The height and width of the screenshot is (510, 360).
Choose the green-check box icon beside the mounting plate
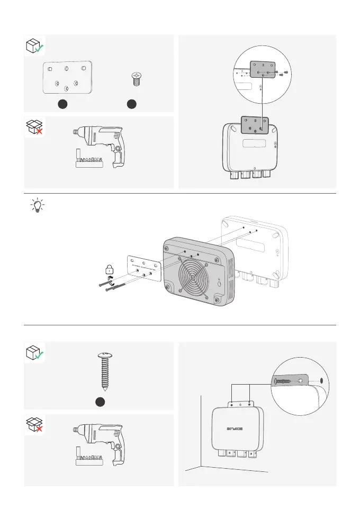pos(35,47)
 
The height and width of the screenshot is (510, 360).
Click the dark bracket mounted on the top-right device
pos(255,125)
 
